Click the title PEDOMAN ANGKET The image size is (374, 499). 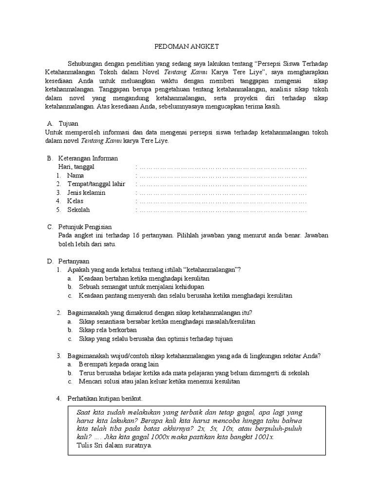point(187,46)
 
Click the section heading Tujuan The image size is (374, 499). point(68,124)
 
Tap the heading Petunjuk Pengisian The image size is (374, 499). point(85,227)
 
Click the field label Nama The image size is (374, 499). point(75,175)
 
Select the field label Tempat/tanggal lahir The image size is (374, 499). point(96,184)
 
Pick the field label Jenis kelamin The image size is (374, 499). point(86,192)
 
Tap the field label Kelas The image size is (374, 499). point(75,201)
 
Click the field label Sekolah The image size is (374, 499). point(78,210)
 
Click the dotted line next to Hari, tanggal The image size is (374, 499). point(222,167)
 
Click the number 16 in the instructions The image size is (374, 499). point(136,236)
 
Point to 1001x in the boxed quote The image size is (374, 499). point(263,437)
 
